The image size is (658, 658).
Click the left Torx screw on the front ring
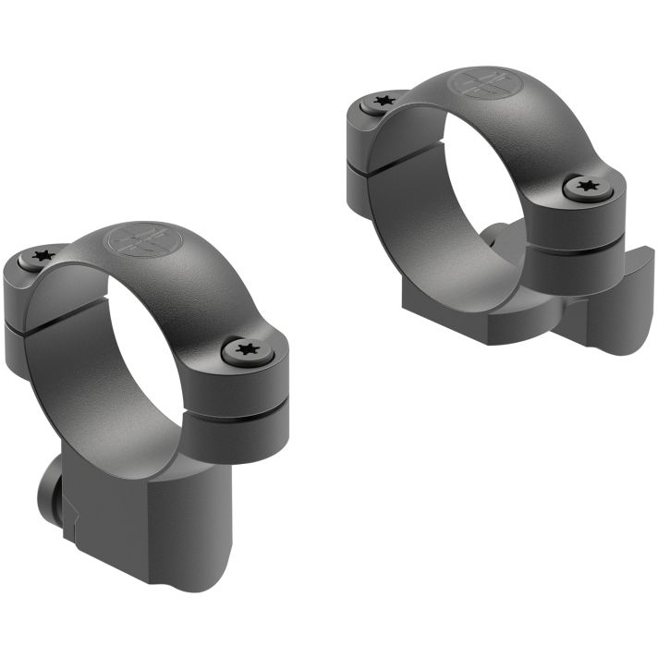click(x=40, y=257)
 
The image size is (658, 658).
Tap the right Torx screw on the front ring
click(x=245, y=348)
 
